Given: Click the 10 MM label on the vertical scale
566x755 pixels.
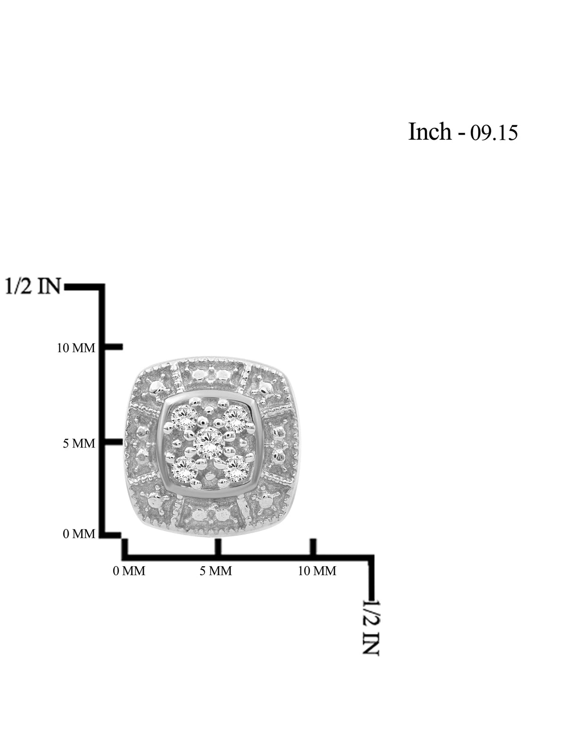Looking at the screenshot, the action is coord(76,348).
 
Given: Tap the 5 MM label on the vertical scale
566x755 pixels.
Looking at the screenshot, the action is coord(79,444).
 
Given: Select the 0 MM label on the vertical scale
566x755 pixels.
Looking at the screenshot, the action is coord(79,534).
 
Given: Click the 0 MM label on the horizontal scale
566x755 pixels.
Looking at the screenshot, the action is coord(129,571).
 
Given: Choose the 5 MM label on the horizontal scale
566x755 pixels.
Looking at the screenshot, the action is coord(216,571).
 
